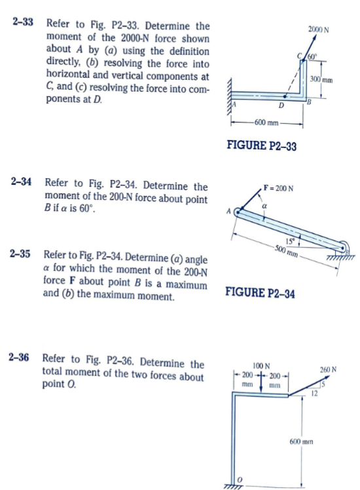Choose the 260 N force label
[x=328, y=369]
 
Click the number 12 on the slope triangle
[x=314, y=393]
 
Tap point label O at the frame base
[x=239, y=480]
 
